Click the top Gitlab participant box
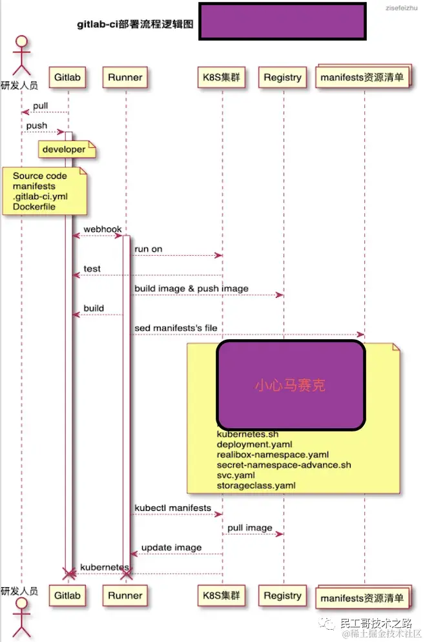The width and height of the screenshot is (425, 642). [x=68, y=78]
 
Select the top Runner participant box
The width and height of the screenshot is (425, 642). [x=125, y=78]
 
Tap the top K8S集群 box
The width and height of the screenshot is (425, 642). [x=223, y=78]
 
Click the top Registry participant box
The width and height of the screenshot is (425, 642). [x=283, y=78]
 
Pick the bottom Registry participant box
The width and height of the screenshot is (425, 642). [x=283, y=595]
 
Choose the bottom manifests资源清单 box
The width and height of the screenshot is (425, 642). [x=363, y=597]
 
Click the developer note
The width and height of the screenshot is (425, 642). [x=64, y=150]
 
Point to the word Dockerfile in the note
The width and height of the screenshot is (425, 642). [x=35, y=207]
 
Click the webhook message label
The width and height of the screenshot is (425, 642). [x=102, y=230]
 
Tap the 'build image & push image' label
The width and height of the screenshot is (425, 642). [x=191, y=288]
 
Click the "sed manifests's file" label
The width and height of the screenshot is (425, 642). [x=176, y=328]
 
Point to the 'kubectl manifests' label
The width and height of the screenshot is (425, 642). [x=172, y=508]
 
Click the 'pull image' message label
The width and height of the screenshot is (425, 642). [x=250, y=528]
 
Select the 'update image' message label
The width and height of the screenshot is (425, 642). [x=171, y=548]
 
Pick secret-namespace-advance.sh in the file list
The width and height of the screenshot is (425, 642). [x=284, y=464]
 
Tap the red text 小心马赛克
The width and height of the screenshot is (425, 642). [x=290, y=386]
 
